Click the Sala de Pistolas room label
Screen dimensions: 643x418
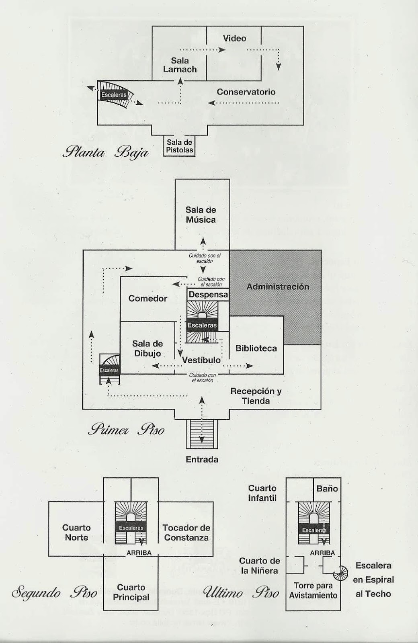180,146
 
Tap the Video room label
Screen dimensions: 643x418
234,38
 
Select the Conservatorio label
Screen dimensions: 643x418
246,92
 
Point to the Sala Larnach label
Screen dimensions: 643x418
180,65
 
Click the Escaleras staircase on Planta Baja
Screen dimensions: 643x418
114,95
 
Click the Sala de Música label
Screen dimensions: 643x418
201,215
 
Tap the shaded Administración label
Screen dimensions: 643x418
278,287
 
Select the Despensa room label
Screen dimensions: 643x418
208,295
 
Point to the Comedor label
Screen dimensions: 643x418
148,298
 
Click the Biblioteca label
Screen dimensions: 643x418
256,348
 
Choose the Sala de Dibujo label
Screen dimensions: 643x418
148,348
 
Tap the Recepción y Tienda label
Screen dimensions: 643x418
256,396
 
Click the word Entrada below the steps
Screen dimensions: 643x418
202,459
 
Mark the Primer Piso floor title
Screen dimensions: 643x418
126,430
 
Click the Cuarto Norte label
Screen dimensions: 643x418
76,532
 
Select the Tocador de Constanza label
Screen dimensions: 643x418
186,532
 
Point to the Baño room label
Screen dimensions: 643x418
327,489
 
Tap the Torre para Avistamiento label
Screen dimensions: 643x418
312,590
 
